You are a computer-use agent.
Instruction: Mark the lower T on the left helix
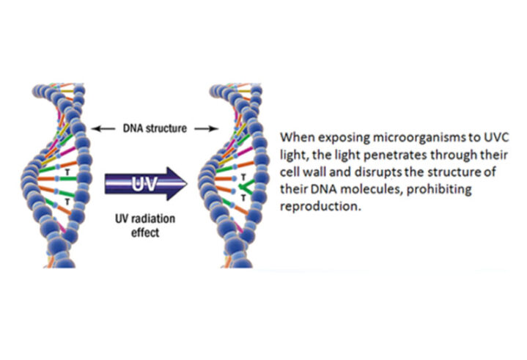click(67, 200)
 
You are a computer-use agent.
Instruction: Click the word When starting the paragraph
click(297, 137)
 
